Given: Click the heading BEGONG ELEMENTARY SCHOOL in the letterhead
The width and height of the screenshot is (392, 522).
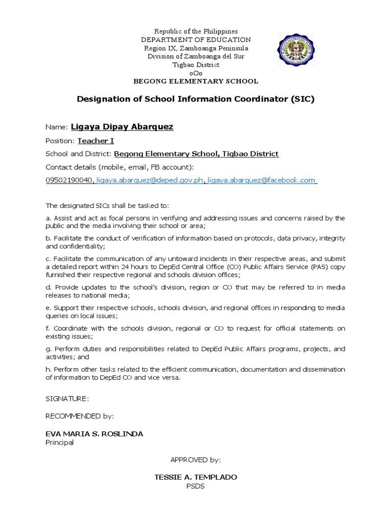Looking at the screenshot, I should [195, 82].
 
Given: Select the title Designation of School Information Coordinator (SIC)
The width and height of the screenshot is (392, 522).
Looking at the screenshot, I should [195, 99].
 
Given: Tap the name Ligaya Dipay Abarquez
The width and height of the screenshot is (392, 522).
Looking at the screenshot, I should [122, 127].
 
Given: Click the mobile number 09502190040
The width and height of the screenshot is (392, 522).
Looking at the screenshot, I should [69, 180].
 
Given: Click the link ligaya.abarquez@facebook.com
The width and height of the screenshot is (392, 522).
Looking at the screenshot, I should [262, 180].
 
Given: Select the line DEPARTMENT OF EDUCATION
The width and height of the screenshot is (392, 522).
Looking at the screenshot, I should [195, 40].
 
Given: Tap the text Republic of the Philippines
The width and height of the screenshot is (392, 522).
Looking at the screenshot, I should [195, 32].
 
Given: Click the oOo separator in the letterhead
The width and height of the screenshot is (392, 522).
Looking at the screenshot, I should [195, 73].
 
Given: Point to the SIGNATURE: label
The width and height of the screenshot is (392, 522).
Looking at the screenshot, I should [67, 398].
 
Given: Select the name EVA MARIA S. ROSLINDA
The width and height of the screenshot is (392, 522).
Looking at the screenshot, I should [94, 434].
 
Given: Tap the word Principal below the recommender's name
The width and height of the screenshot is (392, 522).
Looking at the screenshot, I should [60, 442].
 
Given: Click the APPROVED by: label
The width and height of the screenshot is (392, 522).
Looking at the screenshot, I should [195, 460].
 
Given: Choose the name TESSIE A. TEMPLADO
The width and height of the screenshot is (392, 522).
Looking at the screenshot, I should [195, 478].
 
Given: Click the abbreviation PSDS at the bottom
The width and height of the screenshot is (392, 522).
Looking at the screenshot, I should [195, 486].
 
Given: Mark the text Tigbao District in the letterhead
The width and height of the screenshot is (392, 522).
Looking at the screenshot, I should [195, 65].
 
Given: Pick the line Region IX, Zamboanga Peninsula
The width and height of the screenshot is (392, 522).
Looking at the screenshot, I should [195, 48].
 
